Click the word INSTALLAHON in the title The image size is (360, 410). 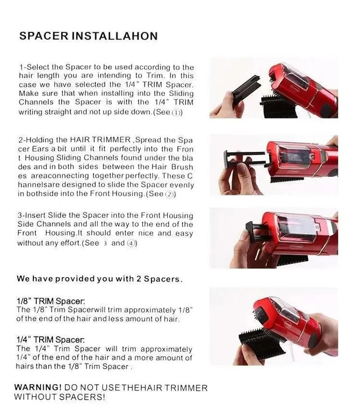pos(115,36)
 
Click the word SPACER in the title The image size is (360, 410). pos(44,36)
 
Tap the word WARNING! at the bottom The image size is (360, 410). pos(38,387)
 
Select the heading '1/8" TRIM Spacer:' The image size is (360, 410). pos(50,301)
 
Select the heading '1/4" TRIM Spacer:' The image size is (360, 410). pos(50,340)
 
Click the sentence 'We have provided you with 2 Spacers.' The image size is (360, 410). pos(99,279)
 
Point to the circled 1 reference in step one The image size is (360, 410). pos(176,113)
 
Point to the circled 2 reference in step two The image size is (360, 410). pos(169,194)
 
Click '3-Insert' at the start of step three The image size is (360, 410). pos(32,216)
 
